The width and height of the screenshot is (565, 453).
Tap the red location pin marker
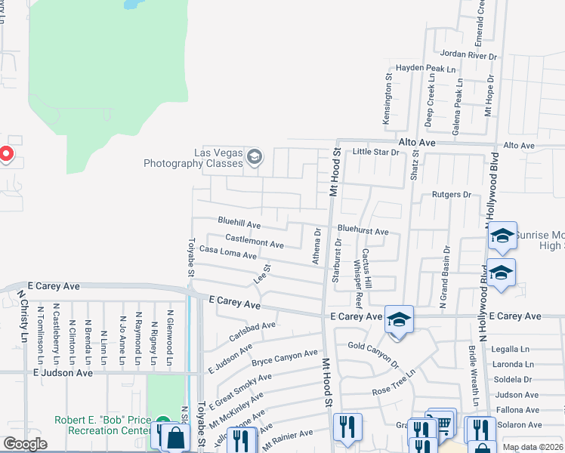tap(5, 155)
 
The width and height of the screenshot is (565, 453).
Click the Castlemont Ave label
tap(254, 240)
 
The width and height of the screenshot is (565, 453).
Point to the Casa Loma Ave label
tap(227, 253)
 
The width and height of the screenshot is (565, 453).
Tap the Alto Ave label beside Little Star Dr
tap(417, 142)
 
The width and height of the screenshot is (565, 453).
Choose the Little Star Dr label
tap(375, 153)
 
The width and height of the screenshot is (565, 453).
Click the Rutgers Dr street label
tap(452, 195)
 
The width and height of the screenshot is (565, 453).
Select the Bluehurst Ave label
tap(363, 231)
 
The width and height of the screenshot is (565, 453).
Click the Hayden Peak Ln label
tap(427, 69)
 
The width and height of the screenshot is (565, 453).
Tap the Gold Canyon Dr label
tap(373, 354)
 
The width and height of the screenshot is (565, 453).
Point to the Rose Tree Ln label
tap(395, 384)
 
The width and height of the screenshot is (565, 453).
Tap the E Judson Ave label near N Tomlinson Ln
tap(62, 373)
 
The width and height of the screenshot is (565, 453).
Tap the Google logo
tap(25, 444)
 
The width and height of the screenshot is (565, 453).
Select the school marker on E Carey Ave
tap(399, 319)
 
